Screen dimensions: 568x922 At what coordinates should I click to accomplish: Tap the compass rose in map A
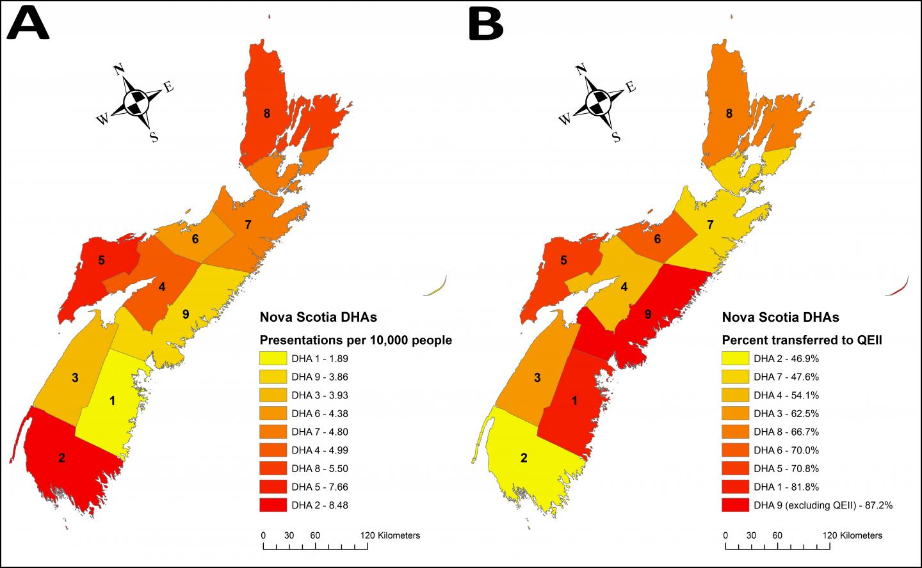click(136, 101)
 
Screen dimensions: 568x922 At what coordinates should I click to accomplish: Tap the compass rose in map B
click(598, 101)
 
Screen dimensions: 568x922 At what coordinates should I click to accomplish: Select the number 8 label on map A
click(266, 114)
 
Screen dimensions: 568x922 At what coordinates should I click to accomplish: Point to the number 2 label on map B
click(524, 457)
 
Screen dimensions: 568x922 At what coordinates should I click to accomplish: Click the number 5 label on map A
click(101, 260)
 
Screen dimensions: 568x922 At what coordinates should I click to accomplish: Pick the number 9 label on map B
click(648, 314)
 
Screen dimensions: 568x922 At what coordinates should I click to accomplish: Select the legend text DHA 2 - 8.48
click(319, 505)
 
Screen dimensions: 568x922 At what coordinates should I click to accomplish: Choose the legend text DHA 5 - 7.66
click(319, 487)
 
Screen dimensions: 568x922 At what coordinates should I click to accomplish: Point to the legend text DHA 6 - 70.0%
click(786, 450)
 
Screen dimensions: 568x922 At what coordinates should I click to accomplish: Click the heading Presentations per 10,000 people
click(355, 340)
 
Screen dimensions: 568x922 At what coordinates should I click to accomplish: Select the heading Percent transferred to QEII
click(802, 340)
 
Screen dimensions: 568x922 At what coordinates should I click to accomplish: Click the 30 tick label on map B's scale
click(750, 535)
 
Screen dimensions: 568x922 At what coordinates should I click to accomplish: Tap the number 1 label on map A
click(113, 401)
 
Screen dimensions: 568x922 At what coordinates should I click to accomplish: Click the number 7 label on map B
click(709, 225)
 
